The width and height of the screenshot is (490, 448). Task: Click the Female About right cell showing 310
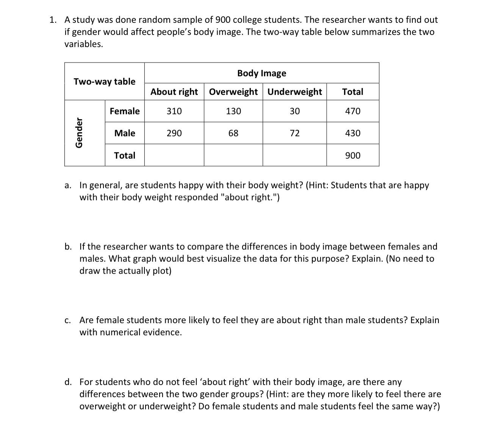point(174,111)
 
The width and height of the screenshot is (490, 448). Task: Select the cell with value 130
point(233,111)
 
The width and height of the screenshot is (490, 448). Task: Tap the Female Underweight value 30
point(294,111)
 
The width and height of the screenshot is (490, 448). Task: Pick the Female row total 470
point(352,111)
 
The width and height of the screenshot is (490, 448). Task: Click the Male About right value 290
point(174,133)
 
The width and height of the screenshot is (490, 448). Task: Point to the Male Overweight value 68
point(233,133)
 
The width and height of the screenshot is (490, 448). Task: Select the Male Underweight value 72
point(294,133)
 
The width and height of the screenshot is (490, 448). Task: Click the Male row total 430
point(352,133)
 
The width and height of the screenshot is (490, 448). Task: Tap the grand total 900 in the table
point(352,155)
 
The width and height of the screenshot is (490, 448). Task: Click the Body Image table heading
point(261,73)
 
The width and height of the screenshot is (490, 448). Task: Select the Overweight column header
point(233,92)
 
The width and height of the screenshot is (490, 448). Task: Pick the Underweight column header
point(294,92)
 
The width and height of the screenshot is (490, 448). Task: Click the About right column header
point(174,92)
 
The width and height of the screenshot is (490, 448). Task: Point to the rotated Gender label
point(79,133)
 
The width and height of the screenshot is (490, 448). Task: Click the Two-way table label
point(104,82)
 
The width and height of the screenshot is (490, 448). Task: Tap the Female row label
point(124,111)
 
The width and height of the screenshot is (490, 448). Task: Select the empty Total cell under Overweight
point(233,155)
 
